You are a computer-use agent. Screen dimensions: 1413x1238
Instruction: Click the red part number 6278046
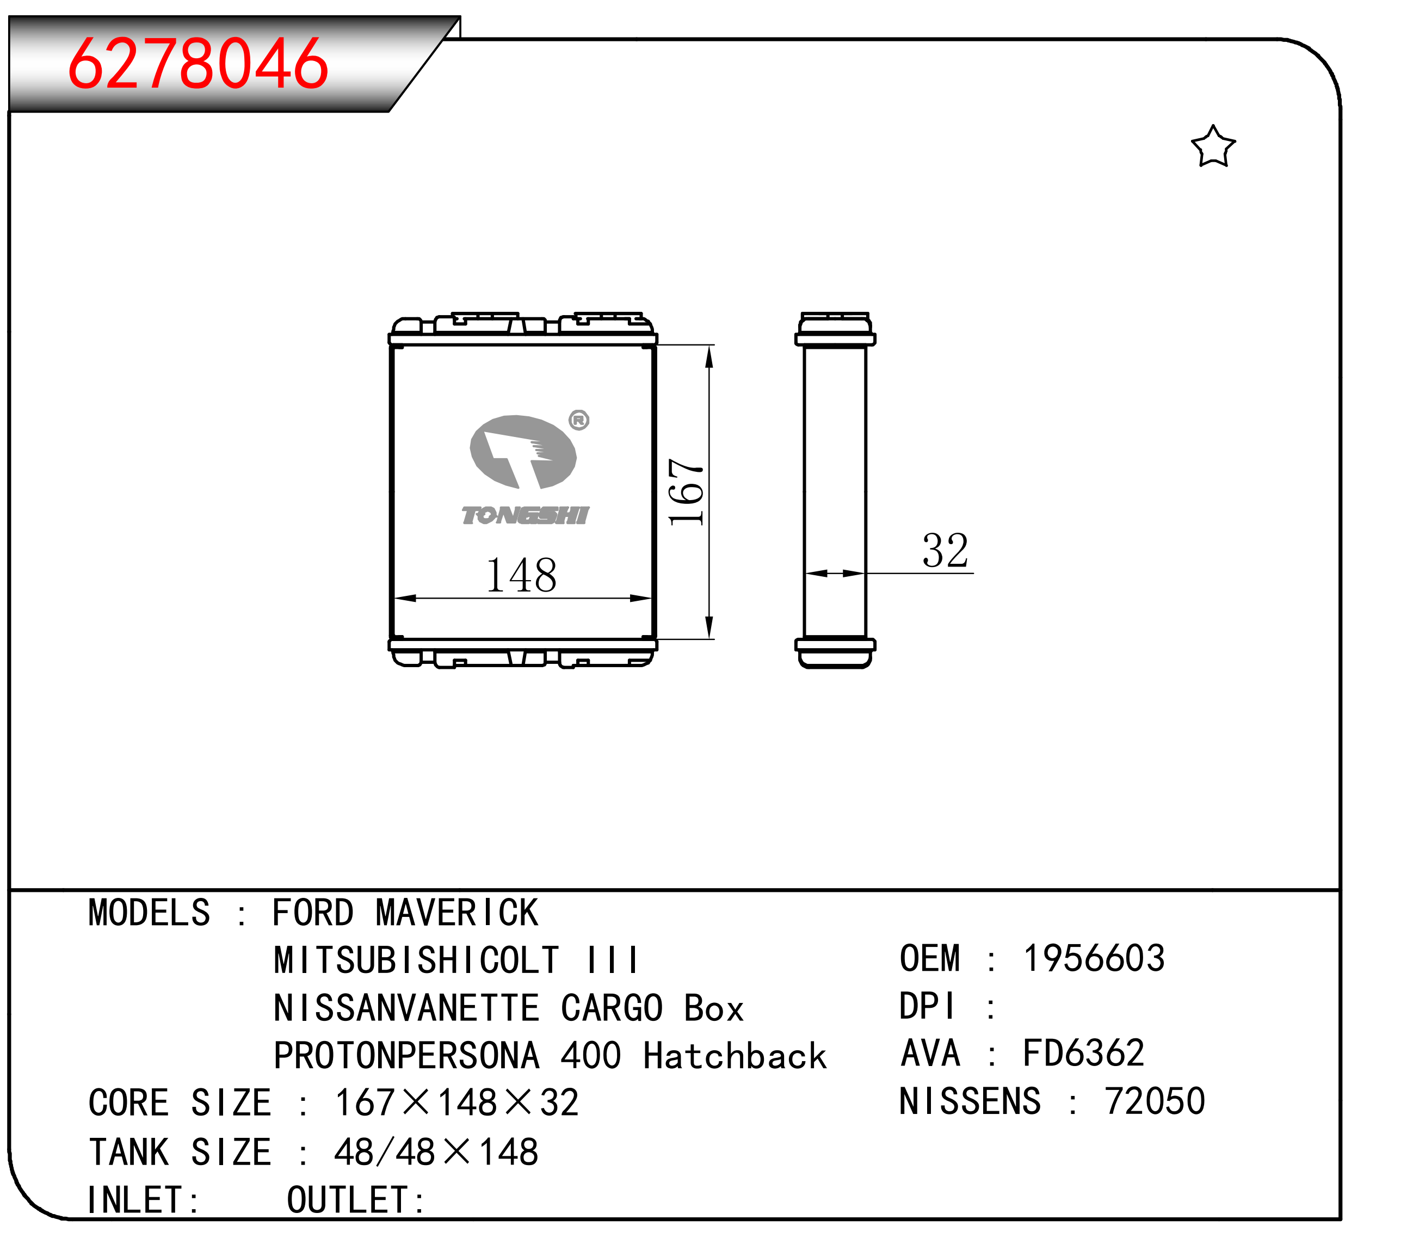click(x=198, y=64)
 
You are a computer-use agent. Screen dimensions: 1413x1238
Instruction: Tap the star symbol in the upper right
click(x=1213, y=146)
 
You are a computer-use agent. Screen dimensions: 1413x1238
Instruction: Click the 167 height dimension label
click(x=686, y=491)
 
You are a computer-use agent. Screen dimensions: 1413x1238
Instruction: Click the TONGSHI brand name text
click(x=526, y=515)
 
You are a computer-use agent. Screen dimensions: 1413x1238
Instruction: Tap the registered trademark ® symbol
click(x=579, y=420)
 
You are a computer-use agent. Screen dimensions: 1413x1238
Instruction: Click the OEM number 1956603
click(x=1094, y=958)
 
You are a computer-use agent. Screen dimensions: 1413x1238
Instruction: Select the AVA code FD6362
click(x=1083, y=1053)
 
